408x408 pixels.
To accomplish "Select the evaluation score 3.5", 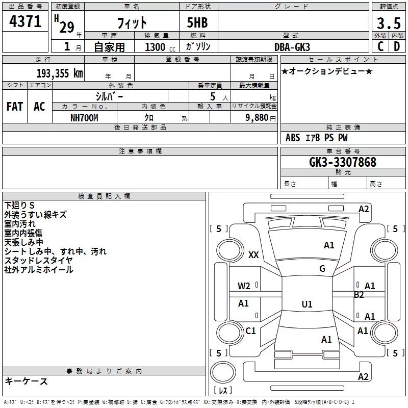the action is click(388, 23).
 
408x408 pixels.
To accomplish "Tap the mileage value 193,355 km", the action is click(60, 73).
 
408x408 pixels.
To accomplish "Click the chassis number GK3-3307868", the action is click(343, 163).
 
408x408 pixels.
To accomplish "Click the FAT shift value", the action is click(14, 106).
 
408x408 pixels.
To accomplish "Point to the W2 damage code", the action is click(244, 286).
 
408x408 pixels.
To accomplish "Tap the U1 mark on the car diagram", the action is click(307, 304).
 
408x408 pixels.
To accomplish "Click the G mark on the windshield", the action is click(322, 269).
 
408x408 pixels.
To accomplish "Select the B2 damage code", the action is click(359, 295).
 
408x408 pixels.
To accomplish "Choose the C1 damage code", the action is click(250, 331).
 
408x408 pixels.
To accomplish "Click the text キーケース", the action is click(26, 381).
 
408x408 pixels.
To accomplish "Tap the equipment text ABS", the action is click(293, 138).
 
